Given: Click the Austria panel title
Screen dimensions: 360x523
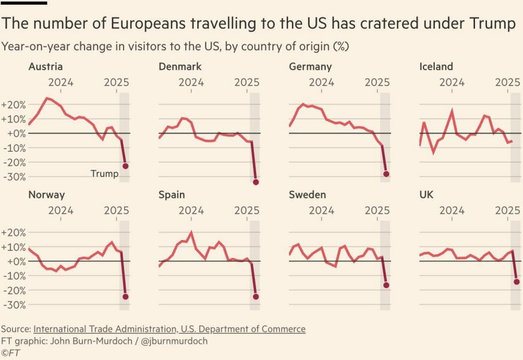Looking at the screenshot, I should [x=46, y=67].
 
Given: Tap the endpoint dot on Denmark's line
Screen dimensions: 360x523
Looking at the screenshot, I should [x=256, y=182].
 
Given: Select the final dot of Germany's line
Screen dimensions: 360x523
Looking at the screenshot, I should [x=386, y=174].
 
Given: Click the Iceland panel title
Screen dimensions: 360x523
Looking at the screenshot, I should [x=436, y=67].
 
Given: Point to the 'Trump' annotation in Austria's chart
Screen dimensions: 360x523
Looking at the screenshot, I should [x=104, y=174].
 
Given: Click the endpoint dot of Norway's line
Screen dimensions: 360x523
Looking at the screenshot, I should [x=125, y=296].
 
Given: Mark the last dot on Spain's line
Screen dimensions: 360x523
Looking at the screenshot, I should [x=256, y=296].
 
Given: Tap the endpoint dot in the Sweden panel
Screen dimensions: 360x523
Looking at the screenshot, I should [x=386, y=285].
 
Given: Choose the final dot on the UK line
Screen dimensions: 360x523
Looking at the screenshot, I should [x=516, y=281].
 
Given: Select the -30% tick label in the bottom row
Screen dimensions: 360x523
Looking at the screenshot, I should [x=14, y=305].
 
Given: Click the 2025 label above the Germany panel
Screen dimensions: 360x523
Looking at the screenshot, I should [x=377, y=82].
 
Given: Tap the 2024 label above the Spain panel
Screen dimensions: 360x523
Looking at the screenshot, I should [x=191, y=211].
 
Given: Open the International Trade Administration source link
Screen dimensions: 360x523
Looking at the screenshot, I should [x=169, y=329].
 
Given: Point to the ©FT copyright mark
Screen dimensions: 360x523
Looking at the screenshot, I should [x=11, y=353].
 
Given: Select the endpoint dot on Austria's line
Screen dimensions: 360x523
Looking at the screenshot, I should [x=125, y=166].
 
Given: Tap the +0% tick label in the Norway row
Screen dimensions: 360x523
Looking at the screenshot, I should [x=14, y=262].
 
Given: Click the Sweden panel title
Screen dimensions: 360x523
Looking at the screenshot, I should [x=307, y=195].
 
